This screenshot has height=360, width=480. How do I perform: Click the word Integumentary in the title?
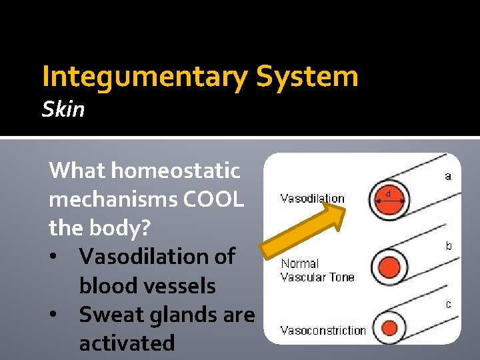point(144,77)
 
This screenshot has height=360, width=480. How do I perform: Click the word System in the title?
point(307,77)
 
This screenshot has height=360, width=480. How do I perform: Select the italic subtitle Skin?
point(63,109)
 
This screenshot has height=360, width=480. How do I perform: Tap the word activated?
point(127,343)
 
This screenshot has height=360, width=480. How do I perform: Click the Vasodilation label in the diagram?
point(312,198)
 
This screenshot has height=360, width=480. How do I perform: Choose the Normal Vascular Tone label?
point(317,270)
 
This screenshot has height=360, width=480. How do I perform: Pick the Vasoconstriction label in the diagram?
point(323,330)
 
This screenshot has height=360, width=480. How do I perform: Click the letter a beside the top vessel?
point(448,176)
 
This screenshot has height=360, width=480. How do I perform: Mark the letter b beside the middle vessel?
point(449,246)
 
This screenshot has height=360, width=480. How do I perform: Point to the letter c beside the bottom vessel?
point(449,304)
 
